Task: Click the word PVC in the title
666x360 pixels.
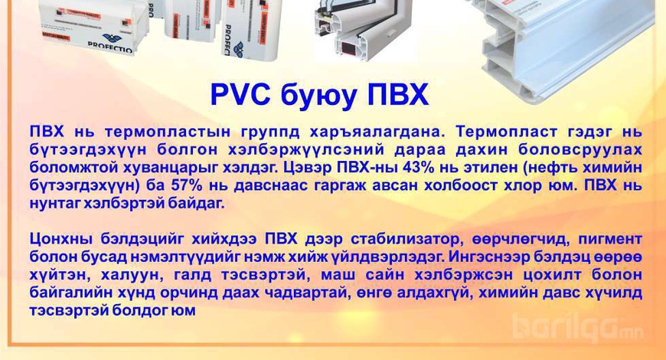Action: (x=241, y=95)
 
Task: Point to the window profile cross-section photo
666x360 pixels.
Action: (x=365, y=29)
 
